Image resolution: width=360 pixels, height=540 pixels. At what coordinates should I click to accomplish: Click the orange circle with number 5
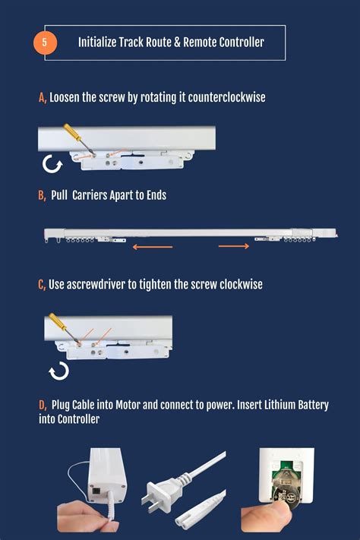click(45, 43)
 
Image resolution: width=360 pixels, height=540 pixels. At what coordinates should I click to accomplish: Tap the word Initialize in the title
click(97, 43)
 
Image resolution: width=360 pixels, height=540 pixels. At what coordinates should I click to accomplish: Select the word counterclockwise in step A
click(226, 97)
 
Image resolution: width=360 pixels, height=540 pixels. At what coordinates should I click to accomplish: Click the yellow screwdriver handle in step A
click(72, 131)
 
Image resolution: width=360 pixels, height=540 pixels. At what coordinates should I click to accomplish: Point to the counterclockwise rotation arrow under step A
click(52, 164)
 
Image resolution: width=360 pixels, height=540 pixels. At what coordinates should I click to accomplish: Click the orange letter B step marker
click(42, 195)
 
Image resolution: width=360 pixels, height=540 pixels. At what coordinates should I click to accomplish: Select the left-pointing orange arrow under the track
click(153, 247)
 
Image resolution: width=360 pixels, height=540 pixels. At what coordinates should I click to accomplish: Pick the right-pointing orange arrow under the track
click(234, 246)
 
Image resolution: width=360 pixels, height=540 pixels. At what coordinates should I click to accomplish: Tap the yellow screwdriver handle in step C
click(57, 321)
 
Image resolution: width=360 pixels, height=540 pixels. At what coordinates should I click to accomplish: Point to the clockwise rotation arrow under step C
click(59, 371)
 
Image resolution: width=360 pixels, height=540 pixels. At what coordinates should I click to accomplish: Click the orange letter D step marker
click(43, 405)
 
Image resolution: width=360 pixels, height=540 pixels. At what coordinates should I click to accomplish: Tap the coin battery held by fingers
click(286, 497)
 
